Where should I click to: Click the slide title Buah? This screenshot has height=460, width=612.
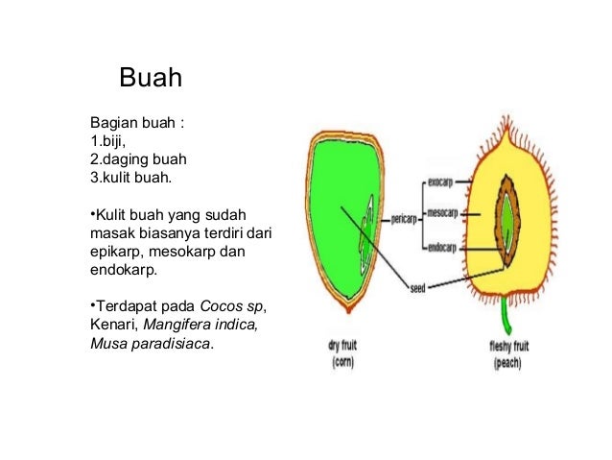(150, 78)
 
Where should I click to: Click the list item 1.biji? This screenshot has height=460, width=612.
(107, 141)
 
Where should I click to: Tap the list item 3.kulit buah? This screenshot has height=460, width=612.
(129, 176)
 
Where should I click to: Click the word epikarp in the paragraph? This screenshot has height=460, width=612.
(114, 252)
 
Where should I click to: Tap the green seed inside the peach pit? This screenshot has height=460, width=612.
(506, 220)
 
